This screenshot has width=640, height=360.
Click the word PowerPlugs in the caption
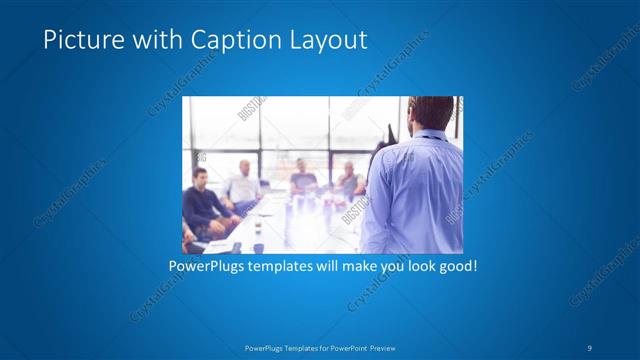(205, 268)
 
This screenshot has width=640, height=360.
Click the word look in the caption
(415, 268)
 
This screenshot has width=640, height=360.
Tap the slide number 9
(590, 347)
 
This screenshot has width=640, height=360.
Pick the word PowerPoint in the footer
(342, 347)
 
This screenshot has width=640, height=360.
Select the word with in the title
(160, 40)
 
